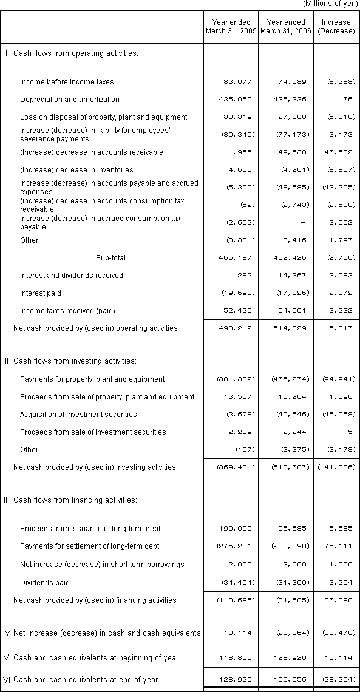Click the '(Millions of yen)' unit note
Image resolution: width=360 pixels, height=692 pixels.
point(329,4)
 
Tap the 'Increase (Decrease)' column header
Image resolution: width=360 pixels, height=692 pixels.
point(336,27)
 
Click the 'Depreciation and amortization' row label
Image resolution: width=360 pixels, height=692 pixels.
point(70,100)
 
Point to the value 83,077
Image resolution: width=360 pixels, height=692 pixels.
point(237,82)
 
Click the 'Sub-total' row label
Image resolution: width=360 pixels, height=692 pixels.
point(110,258)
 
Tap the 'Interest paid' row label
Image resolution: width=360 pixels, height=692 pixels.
point(41,293)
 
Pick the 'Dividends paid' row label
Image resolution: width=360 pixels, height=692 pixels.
point(45,583)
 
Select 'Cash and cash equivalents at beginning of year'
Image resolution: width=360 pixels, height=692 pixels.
point(96,658)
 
